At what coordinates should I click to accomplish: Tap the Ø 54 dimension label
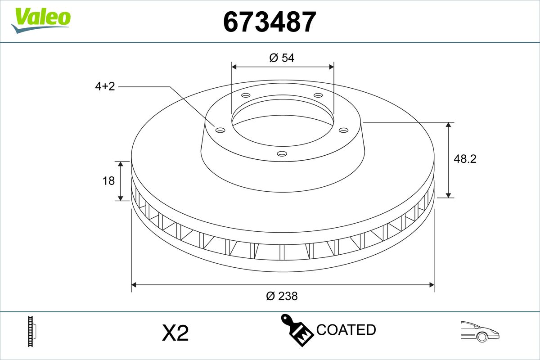pos(282,58)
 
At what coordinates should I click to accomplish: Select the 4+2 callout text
pos(105,86)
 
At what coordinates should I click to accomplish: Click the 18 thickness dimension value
pos(108,181)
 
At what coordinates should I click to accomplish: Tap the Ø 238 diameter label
pos(282,296)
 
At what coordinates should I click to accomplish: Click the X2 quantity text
pos(175,333)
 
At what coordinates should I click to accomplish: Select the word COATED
pos(346,330)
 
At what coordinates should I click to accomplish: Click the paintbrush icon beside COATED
pos(297,329)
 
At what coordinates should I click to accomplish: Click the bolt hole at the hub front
pos(282,154)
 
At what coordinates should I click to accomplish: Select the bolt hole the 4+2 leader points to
pos(220,130)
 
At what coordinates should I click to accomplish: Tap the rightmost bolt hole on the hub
pos(344,130)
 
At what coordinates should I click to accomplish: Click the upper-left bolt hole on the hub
pos(246,95)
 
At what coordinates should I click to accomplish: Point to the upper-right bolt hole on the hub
pos(318,95)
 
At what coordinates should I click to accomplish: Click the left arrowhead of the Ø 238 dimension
pos(134,284)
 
